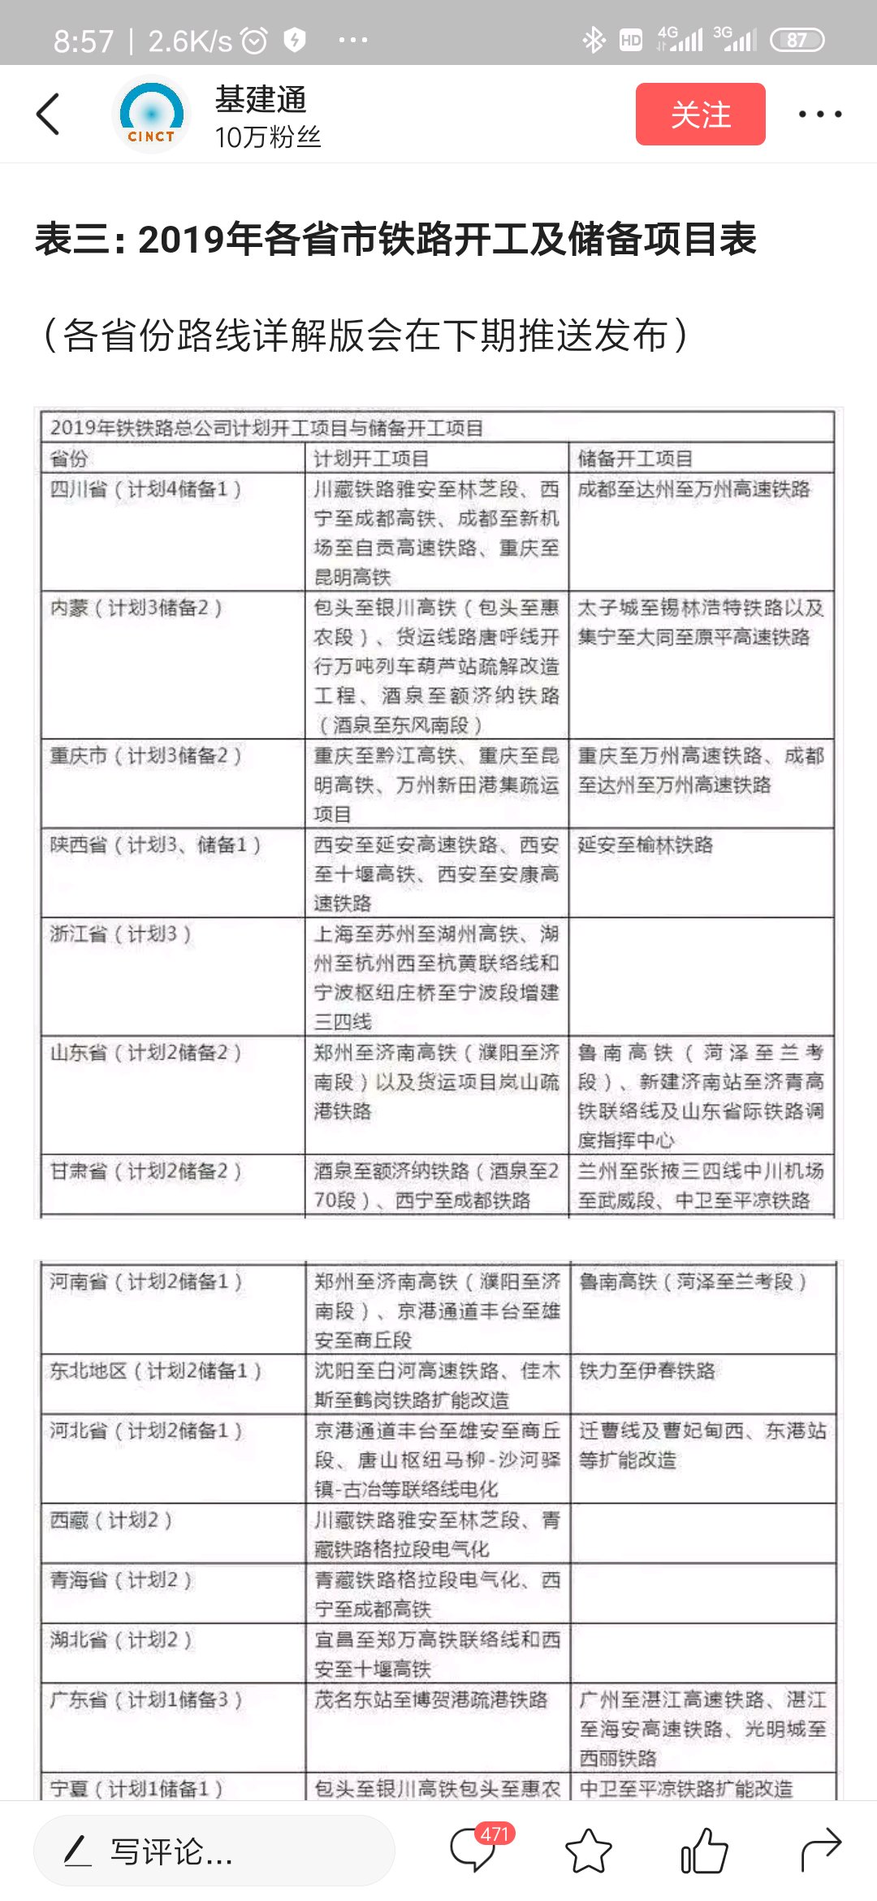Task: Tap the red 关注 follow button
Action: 700,115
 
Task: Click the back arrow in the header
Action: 49,114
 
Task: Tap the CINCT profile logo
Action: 151,115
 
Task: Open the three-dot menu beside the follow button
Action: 819,115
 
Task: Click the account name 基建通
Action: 261,100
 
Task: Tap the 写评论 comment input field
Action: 214,1851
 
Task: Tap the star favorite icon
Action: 588,1851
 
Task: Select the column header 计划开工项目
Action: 371,459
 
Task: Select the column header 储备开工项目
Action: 635,459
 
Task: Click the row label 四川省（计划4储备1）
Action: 146,489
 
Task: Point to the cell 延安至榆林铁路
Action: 646,845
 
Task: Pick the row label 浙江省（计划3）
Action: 121,934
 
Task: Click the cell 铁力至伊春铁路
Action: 647,1371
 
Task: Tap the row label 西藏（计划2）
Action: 111,1520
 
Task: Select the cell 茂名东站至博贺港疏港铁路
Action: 431,1700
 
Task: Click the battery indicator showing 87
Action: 797,40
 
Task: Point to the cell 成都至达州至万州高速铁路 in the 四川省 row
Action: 694,489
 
